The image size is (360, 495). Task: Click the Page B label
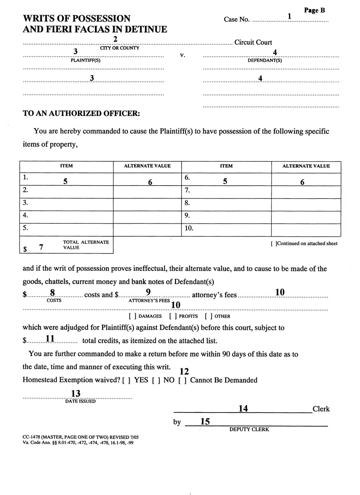point(314,11)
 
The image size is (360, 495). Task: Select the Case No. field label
point(236,20)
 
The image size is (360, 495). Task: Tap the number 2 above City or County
point(115,39)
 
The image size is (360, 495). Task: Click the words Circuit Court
point(253,42)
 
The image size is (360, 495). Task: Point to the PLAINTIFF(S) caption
point(86,61)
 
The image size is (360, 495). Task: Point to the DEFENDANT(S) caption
point(265,61)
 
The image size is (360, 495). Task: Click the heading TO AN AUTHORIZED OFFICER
point(81,113)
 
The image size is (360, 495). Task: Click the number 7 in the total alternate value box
point(41,247)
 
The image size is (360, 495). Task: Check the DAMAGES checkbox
point(133,316)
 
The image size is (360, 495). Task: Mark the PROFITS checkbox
point(173,316)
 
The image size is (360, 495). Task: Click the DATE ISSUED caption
point(80,401)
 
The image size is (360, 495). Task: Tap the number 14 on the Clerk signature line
point(243,409)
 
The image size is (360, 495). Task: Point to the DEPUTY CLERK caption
point(249,429)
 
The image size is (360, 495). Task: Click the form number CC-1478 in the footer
point(31,437)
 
